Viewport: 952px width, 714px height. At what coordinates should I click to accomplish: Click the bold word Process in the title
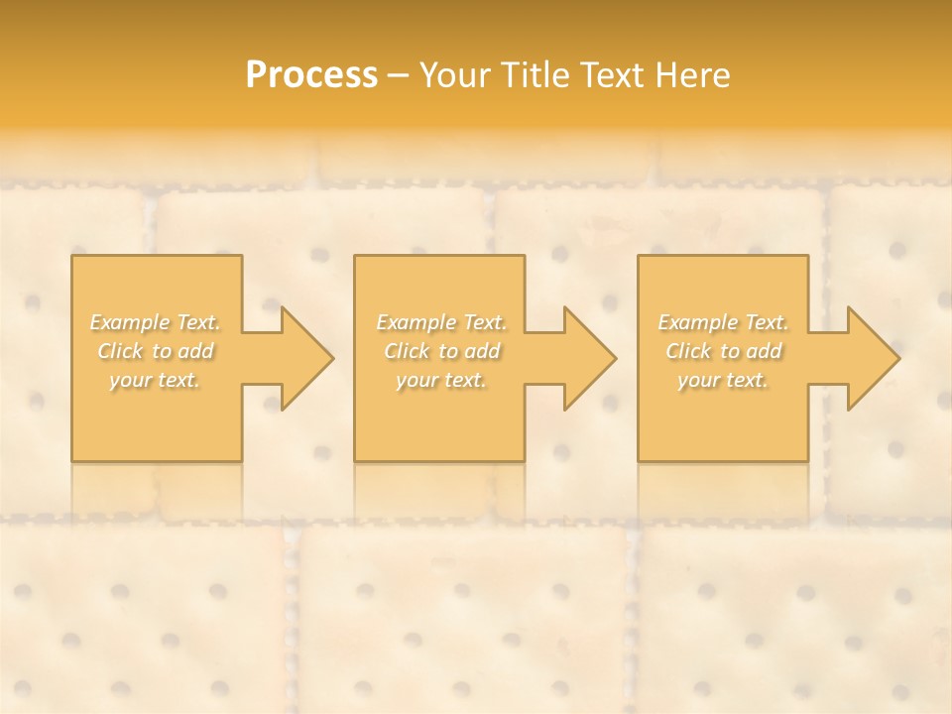311,75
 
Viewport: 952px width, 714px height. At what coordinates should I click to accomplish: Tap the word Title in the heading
535,75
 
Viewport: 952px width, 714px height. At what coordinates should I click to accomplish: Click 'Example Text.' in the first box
155,322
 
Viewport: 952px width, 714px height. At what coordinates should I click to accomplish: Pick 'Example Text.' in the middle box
441,322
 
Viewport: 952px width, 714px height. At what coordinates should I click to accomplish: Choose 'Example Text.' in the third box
723,322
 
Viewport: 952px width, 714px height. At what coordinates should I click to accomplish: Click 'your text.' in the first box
155,380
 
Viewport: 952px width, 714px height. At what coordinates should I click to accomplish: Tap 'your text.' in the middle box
441,380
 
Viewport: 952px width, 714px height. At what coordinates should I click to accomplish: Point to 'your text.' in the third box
723,380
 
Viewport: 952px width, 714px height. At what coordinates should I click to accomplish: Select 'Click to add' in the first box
155,351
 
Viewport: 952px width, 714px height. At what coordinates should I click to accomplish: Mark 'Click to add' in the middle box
441,351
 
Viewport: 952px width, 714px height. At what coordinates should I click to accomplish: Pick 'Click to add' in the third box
723,351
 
